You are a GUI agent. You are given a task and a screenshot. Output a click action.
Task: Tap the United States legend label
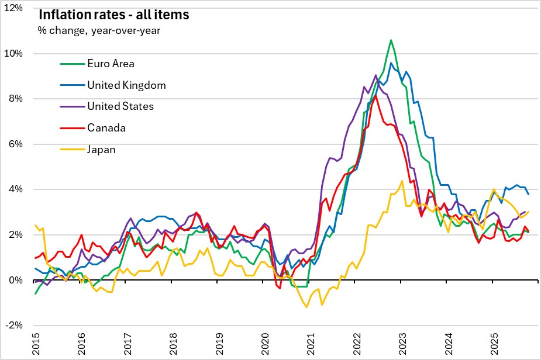(x=120, y=106)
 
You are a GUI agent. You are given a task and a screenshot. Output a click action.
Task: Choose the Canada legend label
(x=106, y=128)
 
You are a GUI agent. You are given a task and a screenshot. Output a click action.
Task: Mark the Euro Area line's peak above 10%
(x=391, y=40)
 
